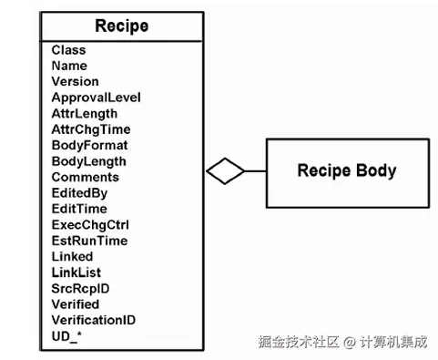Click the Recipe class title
point(121,26)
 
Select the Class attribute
point(69,50)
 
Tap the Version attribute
point(75,81)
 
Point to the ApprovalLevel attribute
point(96,98)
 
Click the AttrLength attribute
point(85,113)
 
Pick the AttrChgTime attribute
point(90,129)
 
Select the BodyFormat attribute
point(89,145)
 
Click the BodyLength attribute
point(90,161)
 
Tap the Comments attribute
point(85,177)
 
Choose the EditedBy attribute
point(79,193)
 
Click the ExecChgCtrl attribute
point(89,225)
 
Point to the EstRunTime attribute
point(89,241)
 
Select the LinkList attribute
point(76,273)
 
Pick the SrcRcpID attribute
point(81,288)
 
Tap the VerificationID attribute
point(93,320)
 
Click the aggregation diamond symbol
point(226,170)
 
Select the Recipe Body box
point(347,170)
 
